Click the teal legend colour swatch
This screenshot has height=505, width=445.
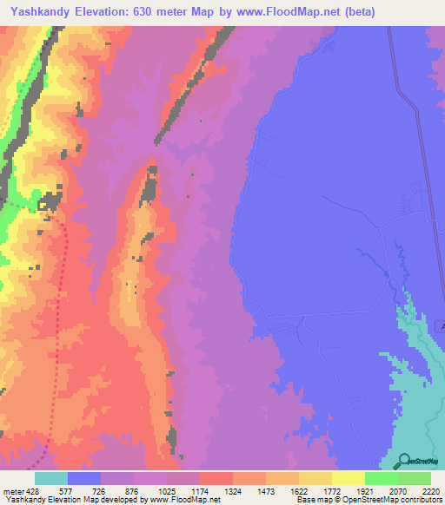(50, 479)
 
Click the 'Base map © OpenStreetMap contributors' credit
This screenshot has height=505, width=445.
(368, 499)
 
